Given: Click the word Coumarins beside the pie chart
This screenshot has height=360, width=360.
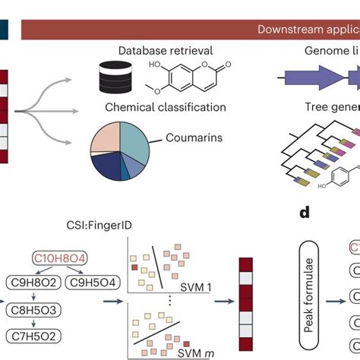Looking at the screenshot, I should click(195, 138).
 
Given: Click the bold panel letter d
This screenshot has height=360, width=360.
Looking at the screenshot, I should click(303, 212).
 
